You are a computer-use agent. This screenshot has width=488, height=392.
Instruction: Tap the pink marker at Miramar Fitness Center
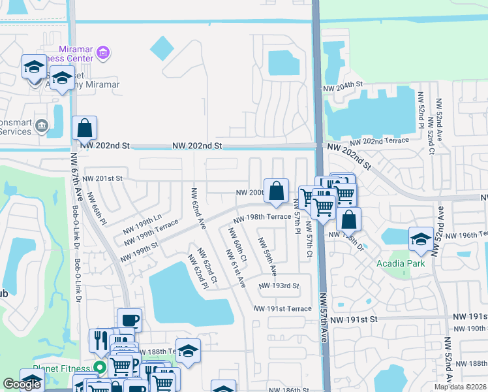click(x=102, y=52)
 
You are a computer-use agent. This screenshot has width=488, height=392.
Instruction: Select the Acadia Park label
click(x=401, y=263)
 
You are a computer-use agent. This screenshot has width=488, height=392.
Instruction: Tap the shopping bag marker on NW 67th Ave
click(x=84, y=127)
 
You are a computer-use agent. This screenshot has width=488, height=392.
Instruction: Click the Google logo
click(x=21, y=384)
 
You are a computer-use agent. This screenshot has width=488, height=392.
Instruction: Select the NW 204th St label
click(x=343, y=86)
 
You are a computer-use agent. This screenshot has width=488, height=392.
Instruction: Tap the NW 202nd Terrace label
click(x=379, y=141)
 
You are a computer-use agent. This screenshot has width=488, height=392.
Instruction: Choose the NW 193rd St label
click(x=279, y=286)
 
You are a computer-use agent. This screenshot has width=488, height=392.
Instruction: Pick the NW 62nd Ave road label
click(x=198, y=208)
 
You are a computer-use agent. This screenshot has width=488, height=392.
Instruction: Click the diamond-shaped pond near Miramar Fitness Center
click(x=162, y=48)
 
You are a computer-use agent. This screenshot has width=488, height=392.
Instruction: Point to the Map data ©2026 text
click(x=459, y=387)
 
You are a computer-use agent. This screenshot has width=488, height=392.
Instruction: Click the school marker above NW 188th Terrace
click(x=188, y=350)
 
